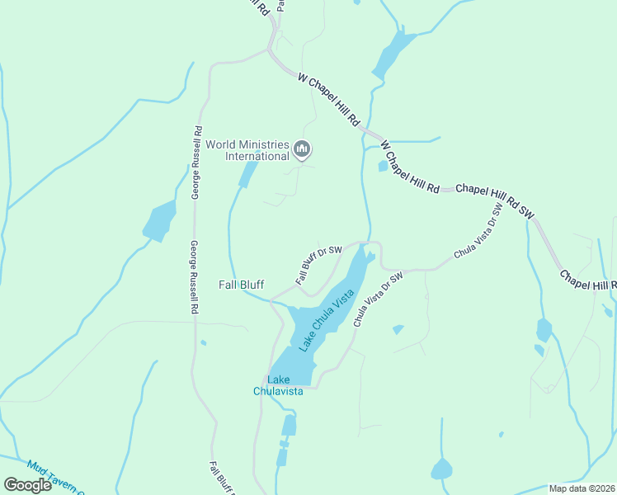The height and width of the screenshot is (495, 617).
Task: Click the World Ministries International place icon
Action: [302, 149]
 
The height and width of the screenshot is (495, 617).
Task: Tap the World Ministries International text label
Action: [247, 149]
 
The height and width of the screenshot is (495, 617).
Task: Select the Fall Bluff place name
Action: [241, 285]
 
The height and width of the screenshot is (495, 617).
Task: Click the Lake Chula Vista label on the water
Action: [327, 320]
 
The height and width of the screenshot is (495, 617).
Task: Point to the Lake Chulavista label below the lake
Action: [279, 385]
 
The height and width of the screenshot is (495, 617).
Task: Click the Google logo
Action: [27, 484]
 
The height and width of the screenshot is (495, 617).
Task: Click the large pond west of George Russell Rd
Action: [159, 221]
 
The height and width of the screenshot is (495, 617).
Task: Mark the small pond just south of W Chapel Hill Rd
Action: [383, 166]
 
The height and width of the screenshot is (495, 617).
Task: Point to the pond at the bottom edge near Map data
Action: [441, 469]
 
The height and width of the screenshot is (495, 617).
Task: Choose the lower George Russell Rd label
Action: [195, 277]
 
